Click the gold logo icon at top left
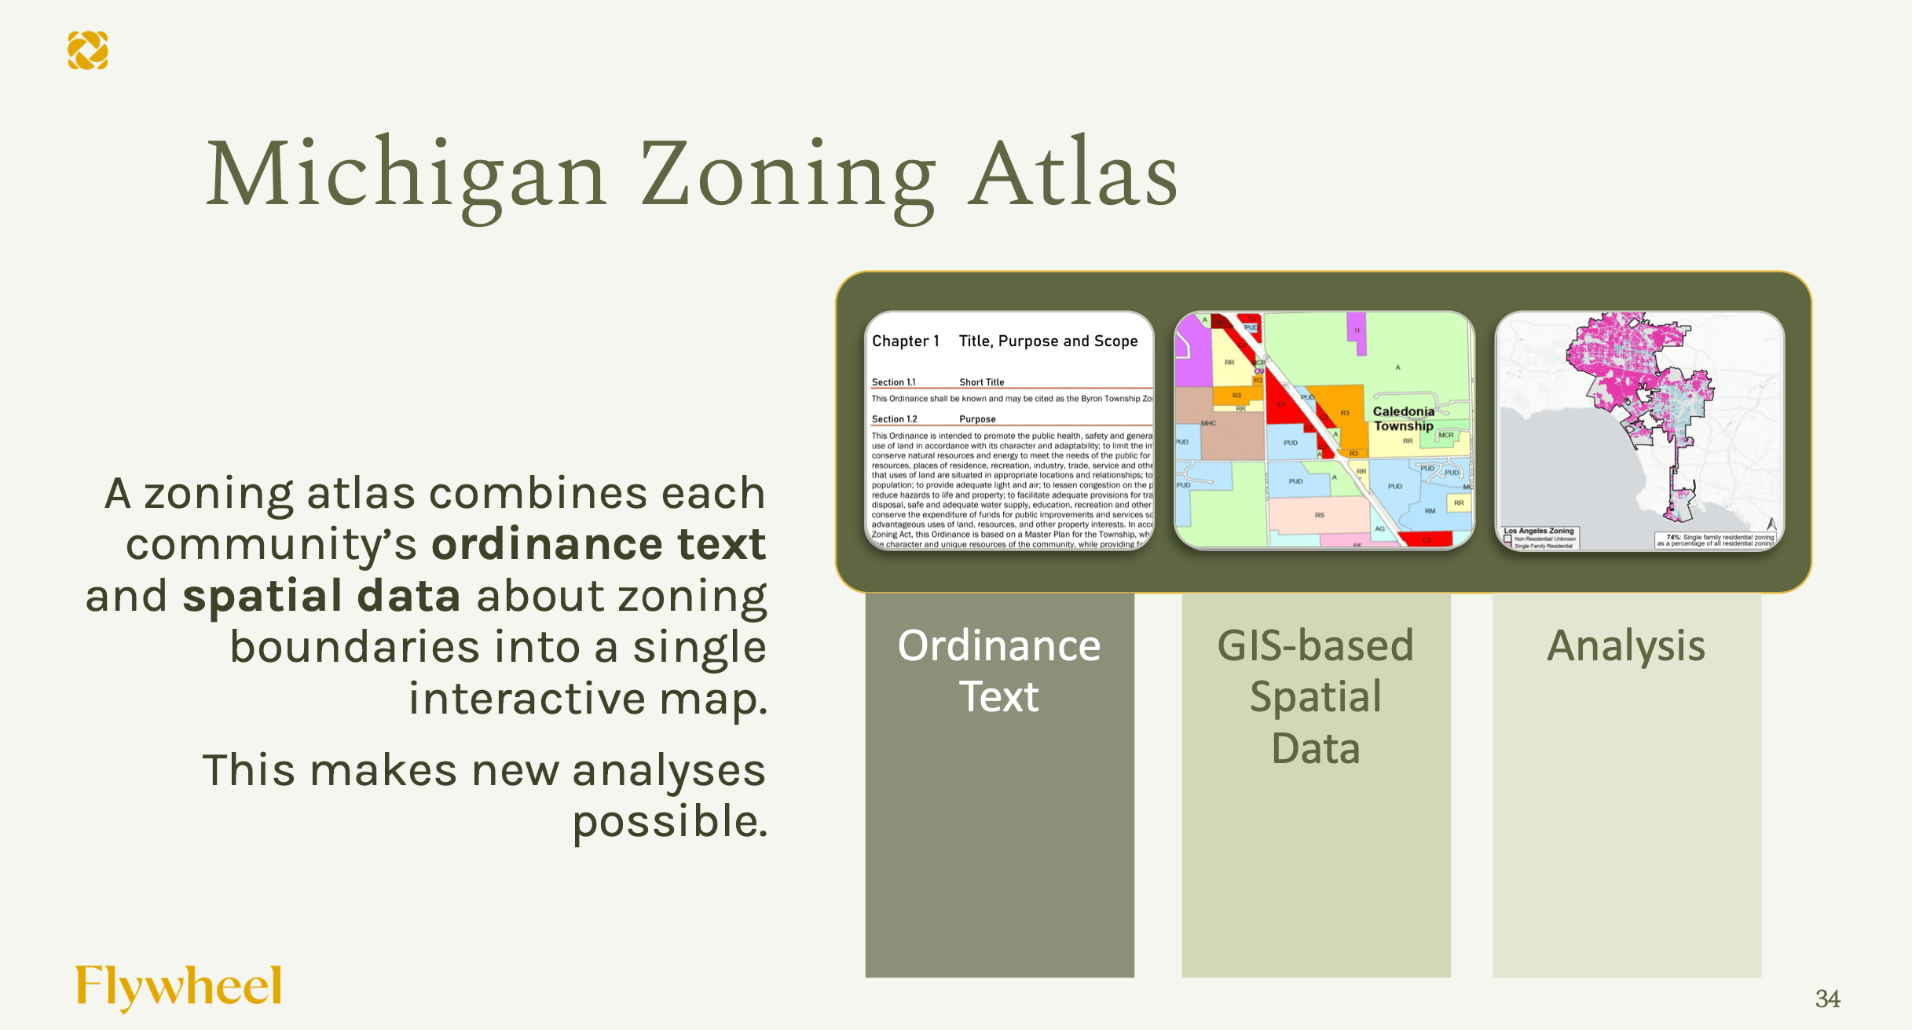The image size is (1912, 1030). (87, 50)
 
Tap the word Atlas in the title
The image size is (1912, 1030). (1072, 174)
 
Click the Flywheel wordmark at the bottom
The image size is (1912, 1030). (178, 986)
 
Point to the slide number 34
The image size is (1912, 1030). (1827, 999)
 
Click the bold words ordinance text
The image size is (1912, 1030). (599, 544)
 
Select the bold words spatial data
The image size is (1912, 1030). (320, 596)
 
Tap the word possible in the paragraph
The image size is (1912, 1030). (669, 822)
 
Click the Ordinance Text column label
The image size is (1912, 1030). (999, 670)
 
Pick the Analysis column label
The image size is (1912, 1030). (1626, 646)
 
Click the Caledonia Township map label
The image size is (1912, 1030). (1404, 418)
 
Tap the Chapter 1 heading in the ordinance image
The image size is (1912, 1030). (905, 341)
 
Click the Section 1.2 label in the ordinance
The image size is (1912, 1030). (894, 419)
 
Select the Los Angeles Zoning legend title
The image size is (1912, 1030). (1538, 531)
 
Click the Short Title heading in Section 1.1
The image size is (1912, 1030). (981, 382)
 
